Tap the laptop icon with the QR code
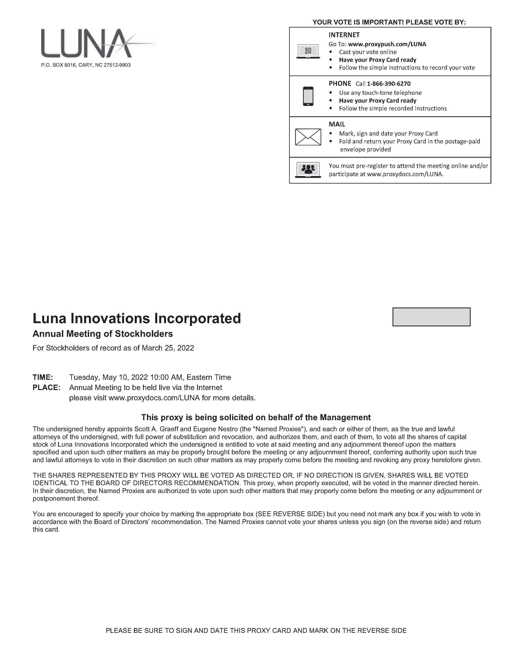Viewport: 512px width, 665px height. [x=308, y=51]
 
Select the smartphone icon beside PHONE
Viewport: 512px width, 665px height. [x=308, y=96]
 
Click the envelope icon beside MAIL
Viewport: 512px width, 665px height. [x=308, y=137]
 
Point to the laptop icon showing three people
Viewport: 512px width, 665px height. [x=308, y=170]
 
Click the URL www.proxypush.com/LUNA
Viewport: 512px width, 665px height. [x=387, y=44]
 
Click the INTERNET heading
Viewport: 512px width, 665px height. [x=344, y=35]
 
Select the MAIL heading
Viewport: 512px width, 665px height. [x=337, y=124]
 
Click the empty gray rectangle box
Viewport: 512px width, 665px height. [x=431, y=317]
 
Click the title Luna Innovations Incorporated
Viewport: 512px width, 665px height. [x=137, y=318]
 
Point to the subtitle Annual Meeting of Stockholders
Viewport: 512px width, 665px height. [x=103, y=334]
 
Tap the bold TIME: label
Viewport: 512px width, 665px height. [x=43, y=377]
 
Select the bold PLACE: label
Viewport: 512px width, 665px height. [x=46, y=388]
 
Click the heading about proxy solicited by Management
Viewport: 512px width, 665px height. [x=256, y=417]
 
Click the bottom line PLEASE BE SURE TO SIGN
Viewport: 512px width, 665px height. [x=256, y=631]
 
